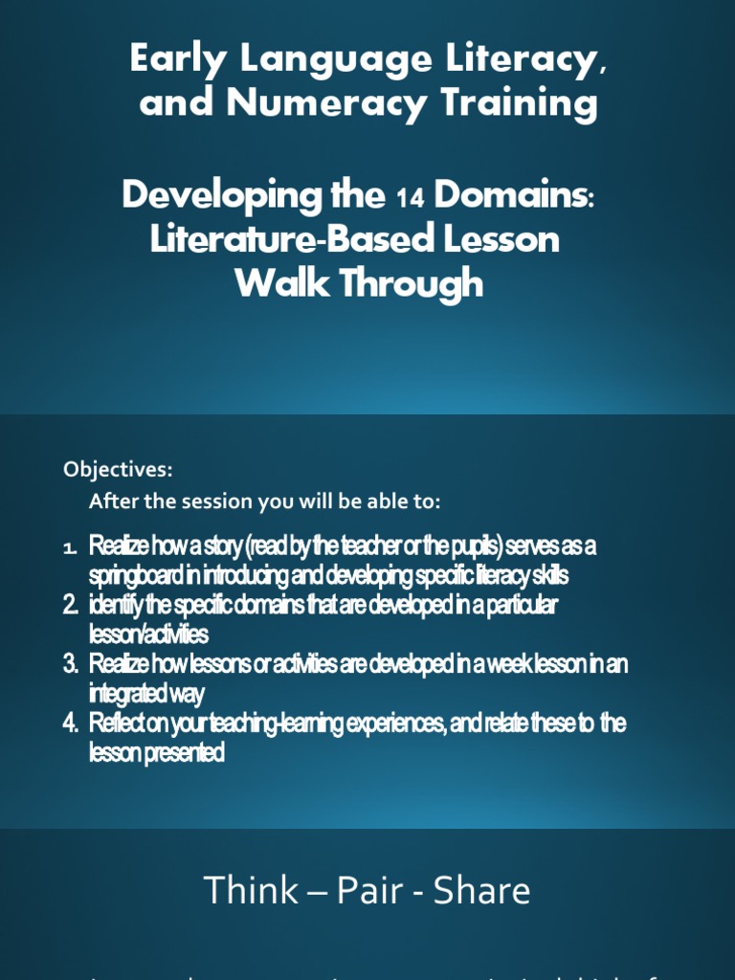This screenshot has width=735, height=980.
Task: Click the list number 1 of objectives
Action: tap(69, 547)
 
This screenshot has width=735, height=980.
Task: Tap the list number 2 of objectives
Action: tap(70, 605)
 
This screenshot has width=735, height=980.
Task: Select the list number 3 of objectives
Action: tap(70, 664)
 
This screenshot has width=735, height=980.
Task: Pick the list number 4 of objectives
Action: tap(70, 724)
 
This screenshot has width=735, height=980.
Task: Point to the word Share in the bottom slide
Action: tap(481, 891)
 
